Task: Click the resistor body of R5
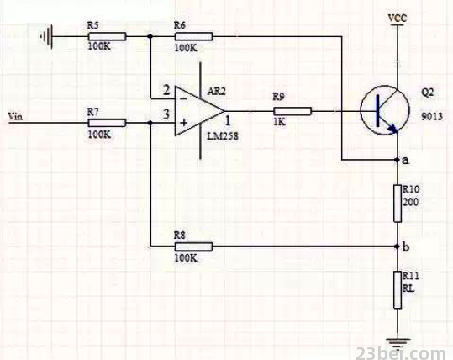click(x=107, y=36)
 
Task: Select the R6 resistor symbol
click(x=193, y=36)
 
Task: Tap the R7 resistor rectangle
click(x=107, y=123)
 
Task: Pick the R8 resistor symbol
click(x=193, y=246)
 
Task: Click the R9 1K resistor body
click(x=292, y=111)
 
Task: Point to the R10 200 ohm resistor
click(x=398, y=204)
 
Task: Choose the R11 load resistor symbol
click(x=398, y=289)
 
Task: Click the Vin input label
click(x=15, y=117)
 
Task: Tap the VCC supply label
click(x=398, y=19)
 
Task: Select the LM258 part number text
click(x=223, y=136)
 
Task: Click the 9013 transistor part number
click(x=432, y=116)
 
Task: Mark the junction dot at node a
click(x=398, y=160)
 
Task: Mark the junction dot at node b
click(x=398, y=246)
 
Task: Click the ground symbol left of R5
click(x=47, y=37)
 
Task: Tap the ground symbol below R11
click(x=398, y=342)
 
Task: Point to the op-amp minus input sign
click(x=183, y=99)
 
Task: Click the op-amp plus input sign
click(x=184, y=123)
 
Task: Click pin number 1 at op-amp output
click(x=228, y=120)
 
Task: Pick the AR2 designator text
click(x=216, y=92)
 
